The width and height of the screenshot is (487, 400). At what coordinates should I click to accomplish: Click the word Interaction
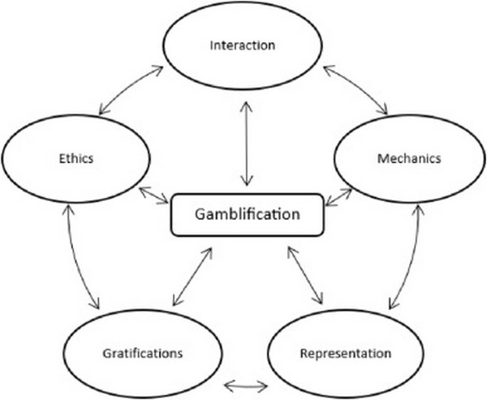pyautogui.click(x=242, y=45)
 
